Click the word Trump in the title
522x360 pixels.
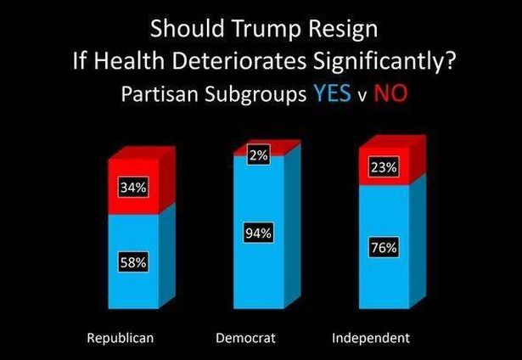252,29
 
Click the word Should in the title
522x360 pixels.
179,29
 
